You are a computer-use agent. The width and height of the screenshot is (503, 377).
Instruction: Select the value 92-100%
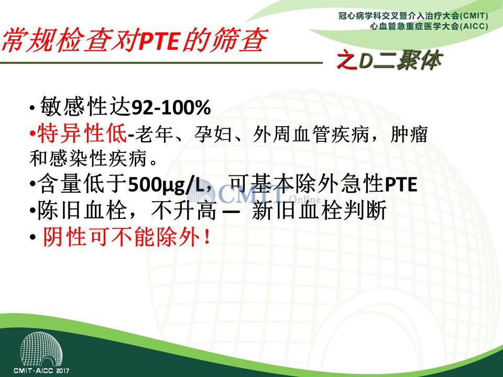coord(171,107)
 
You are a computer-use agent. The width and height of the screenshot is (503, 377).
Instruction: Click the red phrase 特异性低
coord(82,134)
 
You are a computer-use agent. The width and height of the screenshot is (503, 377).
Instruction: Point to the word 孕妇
coord(213,134)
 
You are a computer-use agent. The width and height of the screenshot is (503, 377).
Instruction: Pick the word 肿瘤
coord(409,134)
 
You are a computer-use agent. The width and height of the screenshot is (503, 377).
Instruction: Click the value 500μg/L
coord(166,185)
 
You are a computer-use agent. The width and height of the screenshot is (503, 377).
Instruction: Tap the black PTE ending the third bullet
coord(401,184)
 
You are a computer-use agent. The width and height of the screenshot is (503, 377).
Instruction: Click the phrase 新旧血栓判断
coord(319,210)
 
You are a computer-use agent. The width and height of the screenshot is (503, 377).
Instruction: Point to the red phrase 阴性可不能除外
coord(122,237)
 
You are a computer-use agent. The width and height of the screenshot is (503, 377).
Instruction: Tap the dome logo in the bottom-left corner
coord(41,349)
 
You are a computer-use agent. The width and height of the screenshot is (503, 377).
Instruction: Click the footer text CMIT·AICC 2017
coord(41,371)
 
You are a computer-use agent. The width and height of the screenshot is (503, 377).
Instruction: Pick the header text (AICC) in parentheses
coord(474,26)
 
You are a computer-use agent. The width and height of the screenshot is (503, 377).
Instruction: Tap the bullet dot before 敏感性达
coord(32,108)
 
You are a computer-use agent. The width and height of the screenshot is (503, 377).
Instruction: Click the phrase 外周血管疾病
coord(311,134)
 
